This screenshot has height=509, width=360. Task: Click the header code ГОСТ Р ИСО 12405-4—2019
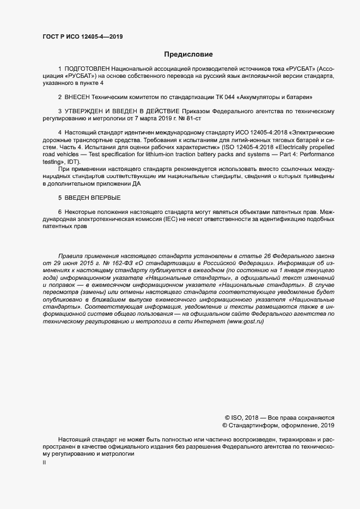pyautogui.click(x=83, y=38)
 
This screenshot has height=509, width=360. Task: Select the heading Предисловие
pyautogui.click(x=188, y=54)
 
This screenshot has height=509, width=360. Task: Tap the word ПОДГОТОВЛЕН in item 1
pyautogui.click(x=87, y=70)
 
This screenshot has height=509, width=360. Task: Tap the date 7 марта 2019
pyautogui.click(x=149, y=118)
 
